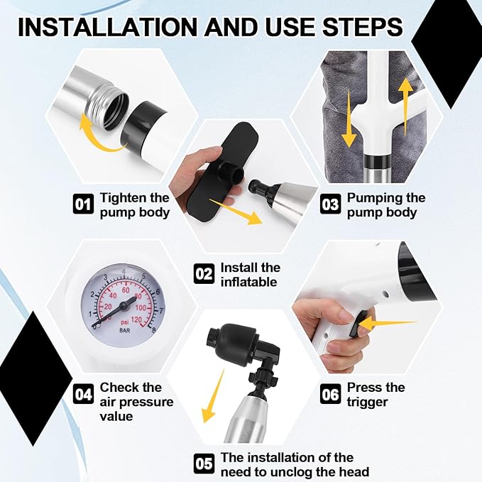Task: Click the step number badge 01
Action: pos(83,204)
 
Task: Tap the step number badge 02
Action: pos(204,273)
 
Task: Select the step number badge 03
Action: pos(331,204)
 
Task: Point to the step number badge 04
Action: pos(83,394)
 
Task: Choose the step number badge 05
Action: pos(204,464)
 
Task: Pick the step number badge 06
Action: pos(331,394)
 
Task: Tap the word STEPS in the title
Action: pos(363,27)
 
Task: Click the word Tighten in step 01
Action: pos(124,197)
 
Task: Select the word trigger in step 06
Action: pos(367,402)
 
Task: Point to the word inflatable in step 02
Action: pos(249,282)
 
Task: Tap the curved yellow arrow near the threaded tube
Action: pos(99,136)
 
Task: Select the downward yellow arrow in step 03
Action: pos(349,119)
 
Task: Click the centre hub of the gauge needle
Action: pos(124,305)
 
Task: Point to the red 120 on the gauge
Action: pos(136,319)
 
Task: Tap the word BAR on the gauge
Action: pos(124,331)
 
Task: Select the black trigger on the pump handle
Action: pos(358,324)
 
